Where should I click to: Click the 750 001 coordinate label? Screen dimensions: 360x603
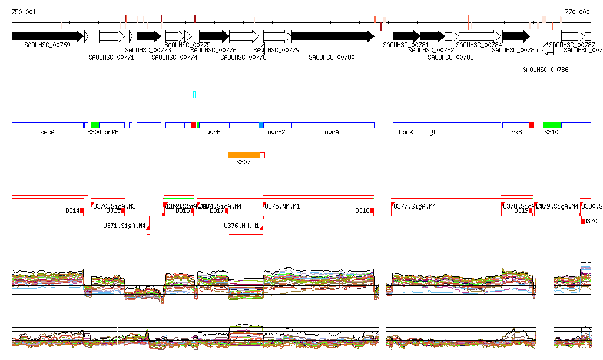point(24,12)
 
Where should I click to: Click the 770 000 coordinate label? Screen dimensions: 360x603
point(577,12)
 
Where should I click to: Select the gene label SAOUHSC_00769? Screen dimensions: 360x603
point(47,45)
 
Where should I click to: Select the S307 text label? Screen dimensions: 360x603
point(243,162)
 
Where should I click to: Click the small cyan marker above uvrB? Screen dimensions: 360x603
point(194,95)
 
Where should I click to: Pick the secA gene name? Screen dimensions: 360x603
point(47,133)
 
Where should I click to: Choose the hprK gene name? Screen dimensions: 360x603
point(406,133)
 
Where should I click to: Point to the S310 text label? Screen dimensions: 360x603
point(551,133)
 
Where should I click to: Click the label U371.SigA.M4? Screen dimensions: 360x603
point(124,226)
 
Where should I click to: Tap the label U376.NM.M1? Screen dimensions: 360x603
point(241,226)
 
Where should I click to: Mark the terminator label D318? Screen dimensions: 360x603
point(362,210)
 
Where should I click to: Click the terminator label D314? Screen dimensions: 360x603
point(72,210)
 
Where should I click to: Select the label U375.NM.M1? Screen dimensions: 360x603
point(283,206)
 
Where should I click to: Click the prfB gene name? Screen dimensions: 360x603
point(111,133)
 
